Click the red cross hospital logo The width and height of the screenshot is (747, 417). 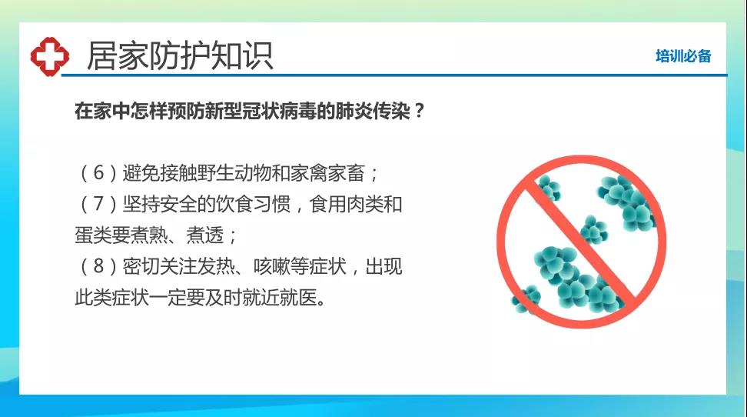[x=49, y=56]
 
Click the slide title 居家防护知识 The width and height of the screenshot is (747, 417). [x=180, y=56]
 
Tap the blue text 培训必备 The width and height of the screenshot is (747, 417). [x=683, y=56]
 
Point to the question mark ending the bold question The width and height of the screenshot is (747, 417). [x=420, y=111]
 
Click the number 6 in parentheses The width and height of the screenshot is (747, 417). [x=98, y=172]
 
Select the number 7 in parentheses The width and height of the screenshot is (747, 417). [x=98, y=204]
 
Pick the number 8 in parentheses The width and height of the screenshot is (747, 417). [x=98, y=265]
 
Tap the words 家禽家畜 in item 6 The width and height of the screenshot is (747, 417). [x=328, y=172]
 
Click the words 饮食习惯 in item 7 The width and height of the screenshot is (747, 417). [x=254, y=204]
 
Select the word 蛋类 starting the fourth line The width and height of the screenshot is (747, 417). [x=94, y=235]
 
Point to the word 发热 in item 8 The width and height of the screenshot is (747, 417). [x=216, y=265]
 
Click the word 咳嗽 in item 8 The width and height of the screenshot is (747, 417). [x=272, y=265]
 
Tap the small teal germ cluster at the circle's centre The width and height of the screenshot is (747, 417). [x=594, y=229]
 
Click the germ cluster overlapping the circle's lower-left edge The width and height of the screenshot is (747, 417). [x=526, y=299]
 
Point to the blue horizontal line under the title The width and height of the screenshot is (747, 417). [x=394, y=75]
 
